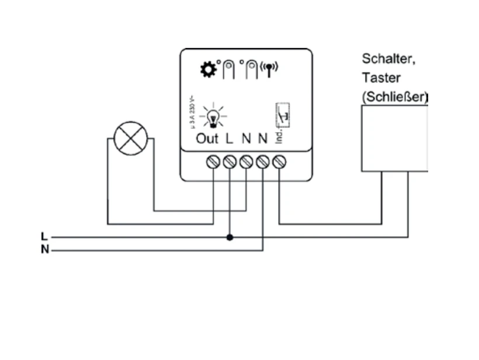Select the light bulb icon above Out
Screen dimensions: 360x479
[x=213, y=115]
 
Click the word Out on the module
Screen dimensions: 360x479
[x=207, y=139]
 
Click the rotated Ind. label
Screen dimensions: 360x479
[x=279, y=137]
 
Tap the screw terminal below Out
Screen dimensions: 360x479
[x=213, y=162]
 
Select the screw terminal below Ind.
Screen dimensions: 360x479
[x=279, y=162]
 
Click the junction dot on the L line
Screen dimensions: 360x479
[x=230, y=237]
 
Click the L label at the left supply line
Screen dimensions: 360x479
[x=44, y=237]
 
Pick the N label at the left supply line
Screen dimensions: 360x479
[x=45, y=250]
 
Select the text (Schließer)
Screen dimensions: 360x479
[x=394, y=96]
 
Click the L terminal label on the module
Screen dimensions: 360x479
[x=229, y=139]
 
